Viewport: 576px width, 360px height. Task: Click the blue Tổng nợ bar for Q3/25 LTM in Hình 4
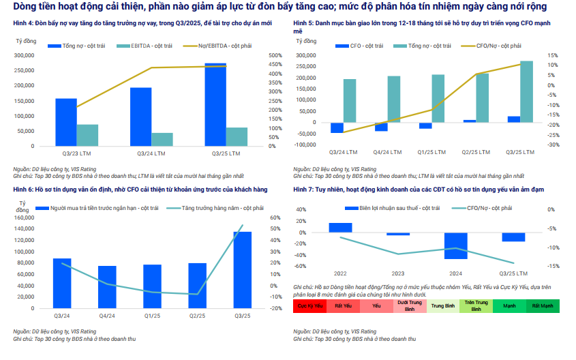pos(215,105)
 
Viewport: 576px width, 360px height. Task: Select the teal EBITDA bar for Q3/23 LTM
pos(87,135)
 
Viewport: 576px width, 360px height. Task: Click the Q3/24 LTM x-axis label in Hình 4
pos(141,153)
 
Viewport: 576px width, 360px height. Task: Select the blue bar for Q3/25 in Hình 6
pos(243,270)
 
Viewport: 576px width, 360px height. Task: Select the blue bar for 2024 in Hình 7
pos(456,246)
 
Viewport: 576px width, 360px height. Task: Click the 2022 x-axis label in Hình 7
pos(340,273)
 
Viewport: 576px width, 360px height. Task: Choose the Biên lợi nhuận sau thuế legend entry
pos(384,207)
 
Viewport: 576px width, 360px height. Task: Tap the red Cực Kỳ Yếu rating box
pos(309,307)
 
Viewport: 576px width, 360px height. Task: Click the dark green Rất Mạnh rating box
pos(543,307)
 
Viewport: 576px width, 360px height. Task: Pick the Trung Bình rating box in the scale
pos(443,307)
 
